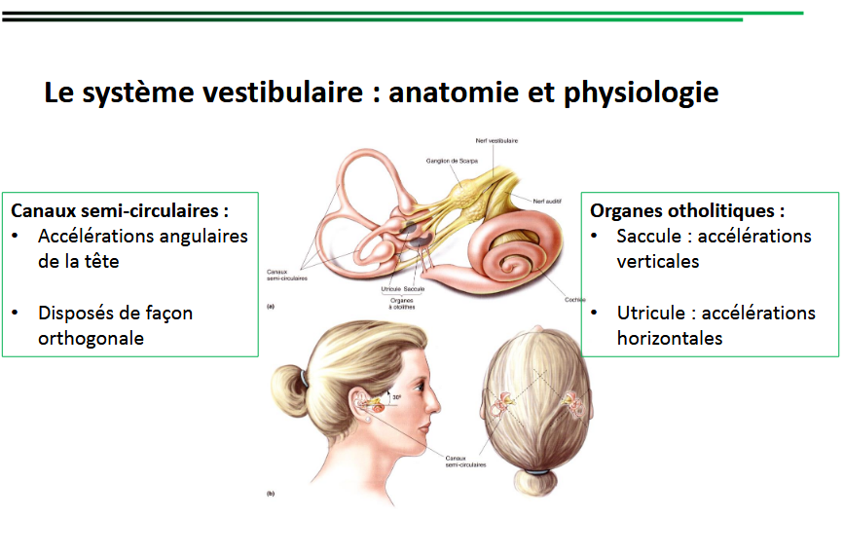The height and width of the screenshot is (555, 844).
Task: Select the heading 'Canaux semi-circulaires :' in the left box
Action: (120, 210)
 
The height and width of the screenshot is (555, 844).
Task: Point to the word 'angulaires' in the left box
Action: (200, 236)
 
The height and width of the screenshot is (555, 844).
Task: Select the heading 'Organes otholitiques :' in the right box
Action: (687, 210)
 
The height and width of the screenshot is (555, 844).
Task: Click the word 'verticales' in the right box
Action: (658, 261)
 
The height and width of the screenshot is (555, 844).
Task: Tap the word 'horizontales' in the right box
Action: (670, 338)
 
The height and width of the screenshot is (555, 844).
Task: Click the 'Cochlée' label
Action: (574, 300)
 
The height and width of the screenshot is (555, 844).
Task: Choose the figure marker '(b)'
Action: (271, 494)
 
